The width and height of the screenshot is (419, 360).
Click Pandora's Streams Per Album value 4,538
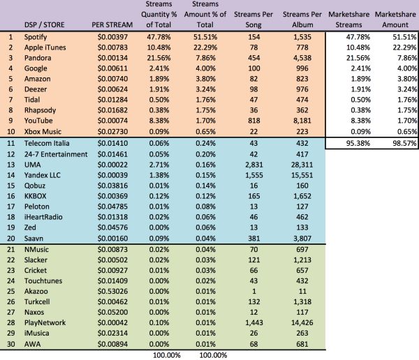pyautogui.click(x=297, y=58)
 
